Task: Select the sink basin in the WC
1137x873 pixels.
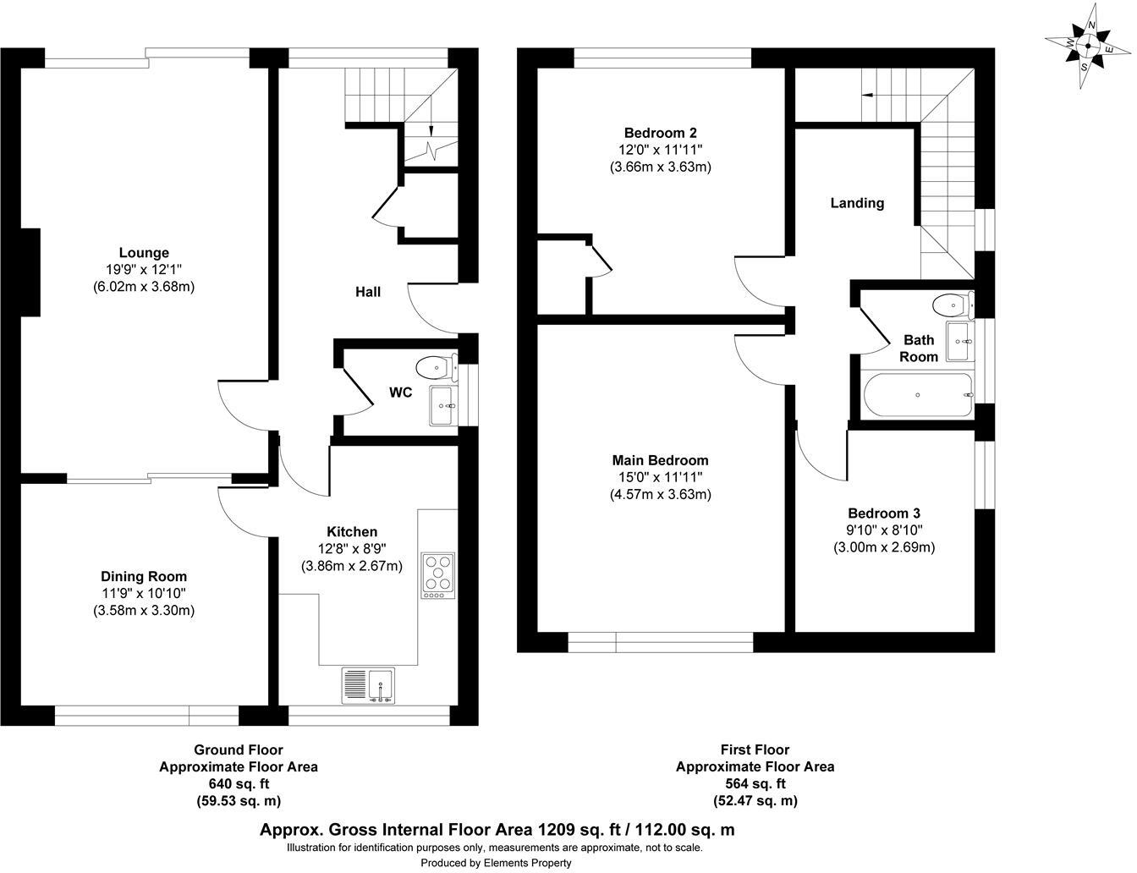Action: pos(442,406)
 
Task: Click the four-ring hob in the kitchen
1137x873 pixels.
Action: pos(437,573)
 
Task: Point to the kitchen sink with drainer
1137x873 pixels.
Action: pos(368,685)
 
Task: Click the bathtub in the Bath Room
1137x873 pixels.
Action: pos(918,395)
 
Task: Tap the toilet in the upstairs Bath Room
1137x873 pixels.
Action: pos(952,304)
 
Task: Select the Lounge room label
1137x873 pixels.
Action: pos(144,252)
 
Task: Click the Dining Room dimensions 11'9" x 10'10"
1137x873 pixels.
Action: pos(144,594)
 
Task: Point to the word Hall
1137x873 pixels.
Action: pos(368,292)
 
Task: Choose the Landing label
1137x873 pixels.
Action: pos(857,203)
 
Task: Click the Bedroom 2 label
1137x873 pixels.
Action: pos(660,133)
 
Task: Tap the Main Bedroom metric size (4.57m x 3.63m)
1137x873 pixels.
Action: pos(660,494)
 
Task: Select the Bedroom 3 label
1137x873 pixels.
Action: pos(884,513)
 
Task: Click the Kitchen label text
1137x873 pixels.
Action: pos(352,531)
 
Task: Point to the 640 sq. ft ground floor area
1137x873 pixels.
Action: pos(239,784)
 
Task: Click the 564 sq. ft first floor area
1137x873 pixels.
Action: pos(755,784)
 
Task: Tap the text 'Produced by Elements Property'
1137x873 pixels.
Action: pos(496,863)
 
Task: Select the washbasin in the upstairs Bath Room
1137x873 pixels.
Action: pos(958,341)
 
